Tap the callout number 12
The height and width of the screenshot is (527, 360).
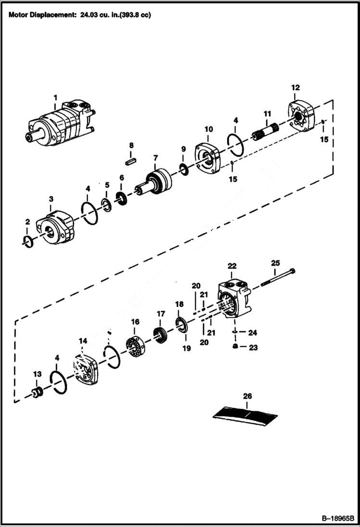coord(295,87)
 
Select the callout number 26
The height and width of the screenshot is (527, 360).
coord(248,396)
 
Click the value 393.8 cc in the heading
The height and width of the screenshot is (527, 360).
coord(134,15)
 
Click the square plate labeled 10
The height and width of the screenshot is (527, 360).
coord(207,157)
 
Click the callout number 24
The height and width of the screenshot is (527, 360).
coord(253,332)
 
